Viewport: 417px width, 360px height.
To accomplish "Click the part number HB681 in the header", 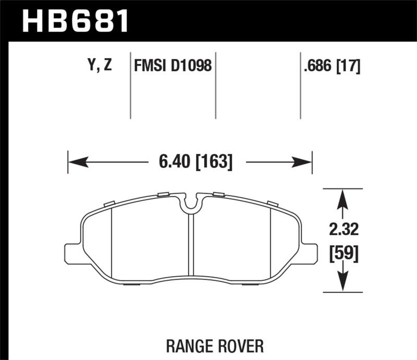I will coord(76,21).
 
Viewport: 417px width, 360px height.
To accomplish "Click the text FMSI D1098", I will coord(173,66).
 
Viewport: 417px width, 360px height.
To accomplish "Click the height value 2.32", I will coord(342,229).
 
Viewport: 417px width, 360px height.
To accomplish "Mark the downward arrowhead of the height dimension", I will coord(342,284).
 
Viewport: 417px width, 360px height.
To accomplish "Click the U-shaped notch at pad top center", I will coord(191,204).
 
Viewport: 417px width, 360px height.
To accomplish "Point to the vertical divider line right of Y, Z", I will coord(130,86).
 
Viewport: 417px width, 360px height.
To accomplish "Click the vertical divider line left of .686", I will coord(300,86).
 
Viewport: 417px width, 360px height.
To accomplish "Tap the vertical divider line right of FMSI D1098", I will coord(216,86).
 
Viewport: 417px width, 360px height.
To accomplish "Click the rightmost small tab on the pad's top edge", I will coord(272,203).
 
